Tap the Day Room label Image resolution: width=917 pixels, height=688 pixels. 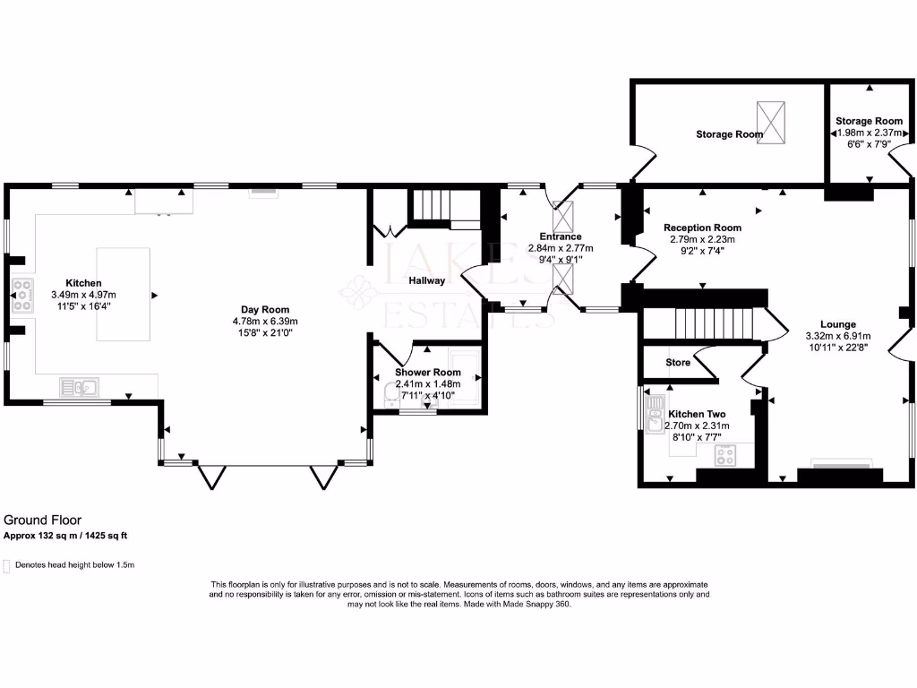pos(266,309)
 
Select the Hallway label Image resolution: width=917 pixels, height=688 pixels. pos(427,280)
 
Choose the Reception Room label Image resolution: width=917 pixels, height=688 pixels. pos(702,228)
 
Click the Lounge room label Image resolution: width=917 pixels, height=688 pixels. pos(838,324)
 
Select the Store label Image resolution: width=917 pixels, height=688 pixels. pos(678,363)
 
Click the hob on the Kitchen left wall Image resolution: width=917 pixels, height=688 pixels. pos(22,296)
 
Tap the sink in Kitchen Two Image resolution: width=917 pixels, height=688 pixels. pos(655,418)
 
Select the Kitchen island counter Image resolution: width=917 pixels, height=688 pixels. pos(124,295)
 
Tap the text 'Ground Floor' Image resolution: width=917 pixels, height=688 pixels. pos(43,520)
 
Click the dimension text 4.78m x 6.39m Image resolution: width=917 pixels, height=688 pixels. pos(265,321)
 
